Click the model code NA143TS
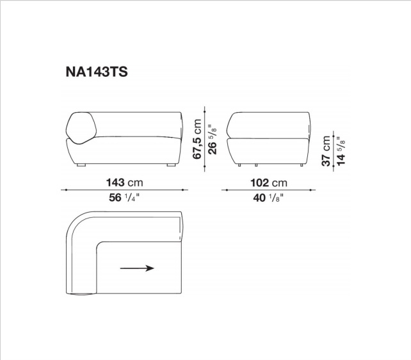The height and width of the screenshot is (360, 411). pos(97,72)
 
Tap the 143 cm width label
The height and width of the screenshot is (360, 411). pos(124,183)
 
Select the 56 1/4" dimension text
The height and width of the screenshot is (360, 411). pos(124,198)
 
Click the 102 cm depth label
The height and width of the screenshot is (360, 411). pos(269,183)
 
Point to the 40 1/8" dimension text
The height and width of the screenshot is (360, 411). pos(268,198)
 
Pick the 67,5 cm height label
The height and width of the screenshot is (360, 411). pos(197,139)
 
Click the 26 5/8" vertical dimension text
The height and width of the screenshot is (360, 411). pos(213,140)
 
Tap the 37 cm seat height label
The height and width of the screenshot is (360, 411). pos(326,151)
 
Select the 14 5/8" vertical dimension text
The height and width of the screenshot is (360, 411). pos(341,151)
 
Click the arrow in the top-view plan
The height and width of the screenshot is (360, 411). pos(137,268)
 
